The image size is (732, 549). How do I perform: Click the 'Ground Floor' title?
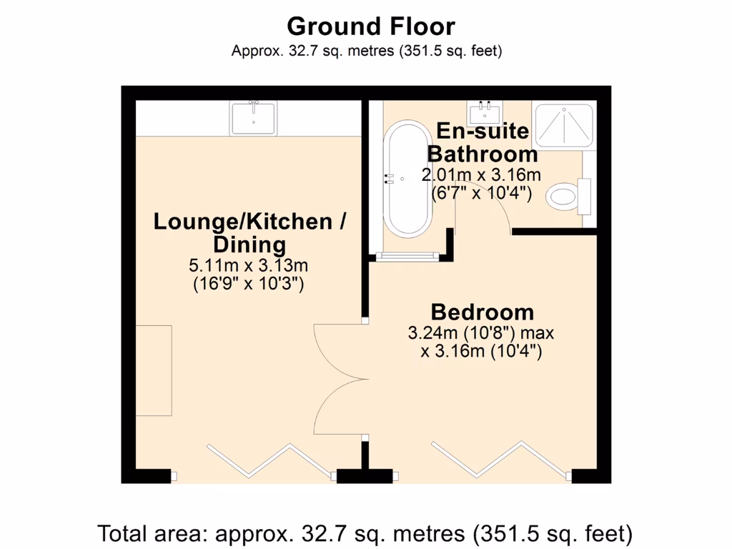coord(370,26)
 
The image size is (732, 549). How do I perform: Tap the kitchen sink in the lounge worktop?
coord(252,118)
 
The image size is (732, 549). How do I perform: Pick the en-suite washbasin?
coord(485,113)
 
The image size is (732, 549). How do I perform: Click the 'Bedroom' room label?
coord(482,312)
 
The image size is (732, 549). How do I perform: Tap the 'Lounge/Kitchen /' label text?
coord(249,222)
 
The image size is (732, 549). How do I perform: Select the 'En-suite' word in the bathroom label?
coord(483,132)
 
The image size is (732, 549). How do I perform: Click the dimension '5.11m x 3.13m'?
coord(249,266)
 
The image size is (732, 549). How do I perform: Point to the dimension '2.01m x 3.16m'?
coord(480,174)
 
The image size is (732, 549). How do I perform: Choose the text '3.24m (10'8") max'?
coord(480,333)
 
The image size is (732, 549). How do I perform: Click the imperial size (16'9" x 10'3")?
coord(249,284)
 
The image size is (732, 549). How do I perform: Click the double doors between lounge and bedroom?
coord(340,379)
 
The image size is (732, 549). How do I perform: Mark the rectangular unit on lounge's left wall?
coord(154,370)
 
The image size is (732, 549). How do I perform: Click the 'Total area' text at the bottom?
coord(365,533)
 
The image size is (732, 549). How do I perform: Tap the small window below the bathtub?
coord(408,255)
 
